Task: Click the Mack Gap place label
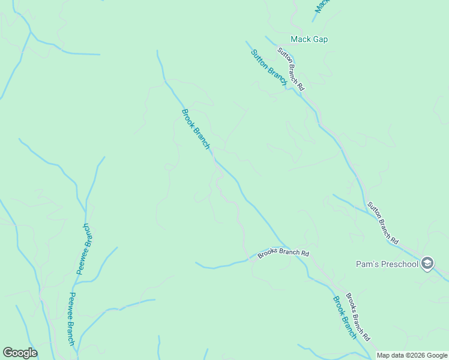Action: point(309,40)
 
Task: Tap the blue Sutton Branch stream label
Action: point(268,67)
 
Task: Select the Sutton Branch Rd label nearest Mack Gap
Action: point(291,69)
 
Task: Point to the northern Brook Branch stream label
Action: point(196,129)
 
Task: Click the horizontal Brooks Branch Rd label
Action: point(283,254)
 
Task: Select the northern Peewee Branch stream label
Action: point(83,249)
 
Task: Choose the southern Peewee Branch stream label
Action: point(71,319)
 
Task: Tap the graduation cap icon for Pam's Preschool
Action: point(427,263)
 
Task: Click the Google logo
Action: point(20,353)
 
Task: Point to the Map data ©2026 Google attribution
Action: point(412,356)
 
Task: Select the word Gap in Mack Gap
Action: point(321,40)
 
